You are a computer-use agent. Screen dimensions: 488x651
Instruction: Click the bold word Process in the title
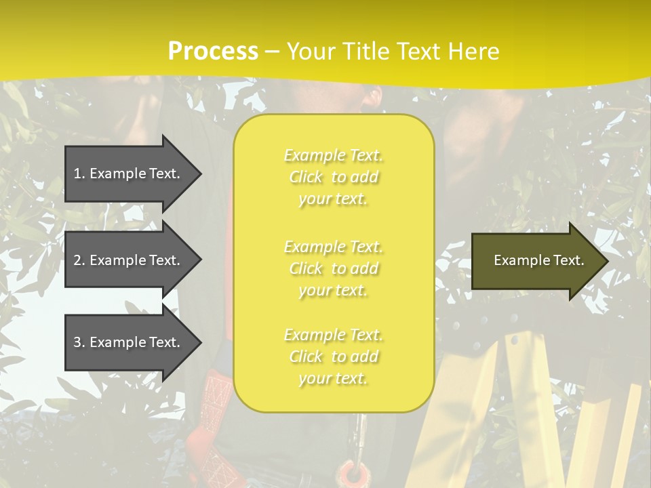(213, 52)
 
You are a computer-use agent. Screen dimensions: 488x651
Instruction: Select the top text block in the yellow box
(333, 177)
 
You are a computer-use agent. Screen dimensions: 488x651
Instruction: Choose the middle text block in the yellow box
(333, 268)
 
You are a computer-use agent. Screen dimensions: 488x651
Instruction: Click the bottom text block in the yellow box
(333, 357)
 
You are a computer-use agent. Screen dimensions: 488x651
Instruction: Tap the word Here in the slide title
(473, 52)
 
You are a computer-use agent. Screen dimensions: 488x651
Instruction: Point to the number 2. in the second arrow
(79, 260)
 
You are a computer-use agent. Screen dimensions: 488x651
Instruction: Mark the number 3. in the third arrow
(79, 342)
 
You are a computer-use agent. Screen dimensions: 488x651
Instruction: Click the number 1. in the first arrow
(79, 174)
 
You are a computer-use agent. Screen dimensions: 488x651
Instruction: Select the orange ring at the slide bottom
(351, 472)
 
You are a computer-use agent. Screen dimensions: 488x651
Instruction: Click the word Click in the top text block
(307, 177)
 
